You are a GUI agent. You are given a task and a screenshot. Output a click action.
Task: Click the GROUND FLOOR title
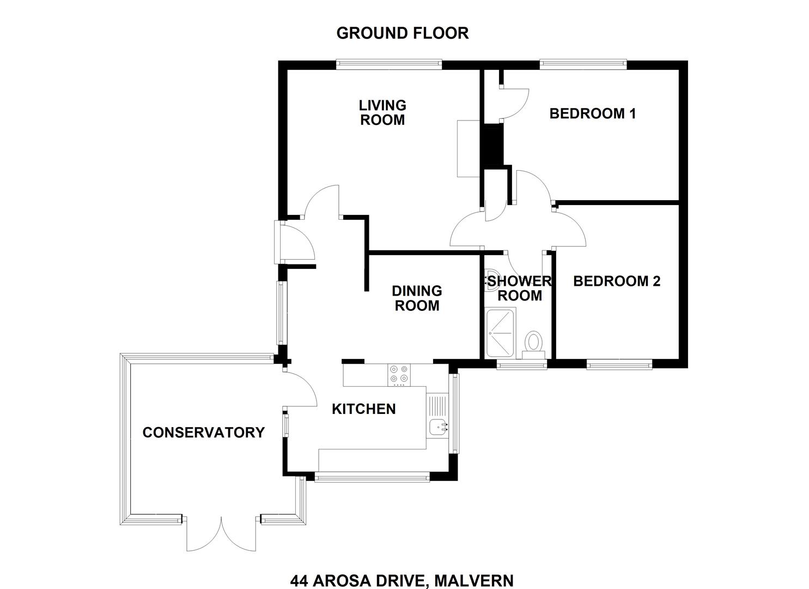pos(402,33)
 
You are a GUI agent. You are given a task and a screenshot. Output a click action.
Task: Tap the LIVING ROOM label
pos(382,112)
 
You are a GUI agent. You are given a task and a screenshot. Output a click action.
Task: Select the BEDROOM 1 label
pos(593,113)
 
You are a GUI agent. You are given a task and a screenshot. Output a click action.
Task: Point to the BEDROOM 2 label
pos(617,281)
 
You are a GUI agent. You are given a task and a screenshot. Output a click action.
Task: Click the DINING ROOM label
pos(417,298)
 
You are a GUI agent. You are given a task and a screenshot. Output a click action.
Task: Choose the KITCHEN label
pos(364,409)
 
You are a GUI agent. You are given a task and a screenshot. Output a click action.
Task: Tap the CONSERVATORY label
pos(203,432)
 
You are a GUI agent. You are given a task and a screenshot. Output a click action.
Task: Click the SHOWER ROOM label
pos(520,289)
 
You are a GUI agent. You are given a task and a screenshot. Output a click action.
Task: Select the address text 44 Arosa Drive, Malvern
pos(402,580)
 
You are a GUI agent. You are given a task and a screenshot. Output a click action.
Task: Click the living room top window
pos(389,64)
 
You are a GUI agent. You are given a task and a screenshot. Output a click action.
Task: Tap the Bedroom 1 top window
pos(583,64)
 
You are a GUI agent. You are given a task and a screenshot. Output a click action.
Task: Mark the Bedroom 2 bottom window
pos(619,364)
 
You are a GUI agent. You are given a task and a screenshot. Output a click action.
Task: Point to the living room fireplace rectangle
pos(467,148)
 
